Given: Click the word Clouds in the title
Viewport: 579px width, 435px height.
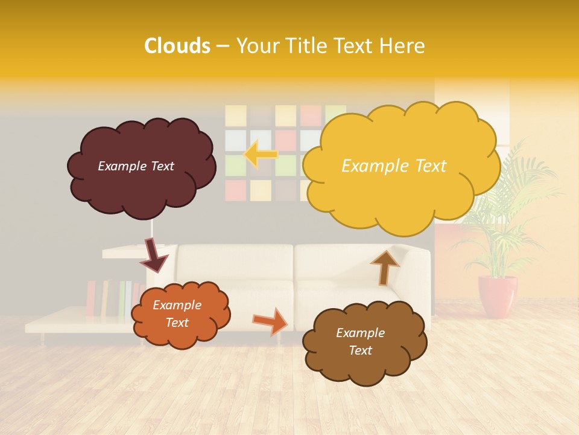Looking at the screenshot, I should pyautogui.click(x=177, y=45).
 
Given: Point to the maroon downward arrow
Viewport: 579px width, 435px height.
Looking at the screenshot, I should pyautogui.click(x=154, y=256).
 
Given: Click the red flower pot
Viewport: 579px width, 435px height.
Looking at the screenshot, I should pyautogui.click(x=498, y=296).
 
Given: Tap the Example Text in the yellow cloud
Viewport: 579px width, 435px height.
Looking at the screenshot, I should pyautogui.click(x=394, y=166).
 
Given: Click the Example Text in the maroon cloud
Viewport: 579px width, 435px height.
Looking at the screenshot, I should pyautogui.click(x=136, y=166).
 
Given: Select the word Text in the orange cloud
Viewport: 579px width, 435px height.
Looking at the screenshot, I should pyautogui.click(x=177, y=323).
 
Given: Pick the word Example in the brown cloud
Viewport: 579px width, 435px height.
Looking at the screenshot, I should pyautogui.click(x=360, y=333).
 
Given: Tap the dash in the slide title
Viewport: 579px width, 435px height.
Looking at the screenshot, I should pyautogui.click(x=223, y=46).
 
